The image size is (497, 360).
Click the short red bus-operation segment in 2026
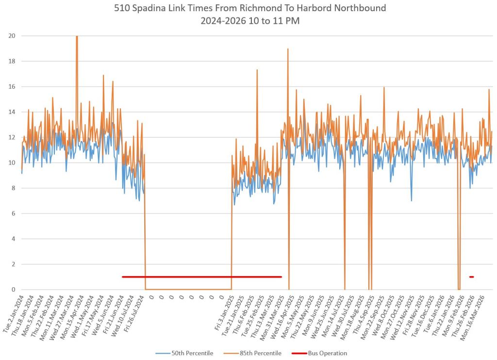point(471,277)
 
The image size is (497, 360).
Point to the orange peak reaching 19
point(288,49)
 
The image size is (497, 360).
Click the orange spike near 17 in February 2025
point(257,70)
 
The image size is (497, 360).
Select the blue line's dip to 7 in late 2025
point(412,200)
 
